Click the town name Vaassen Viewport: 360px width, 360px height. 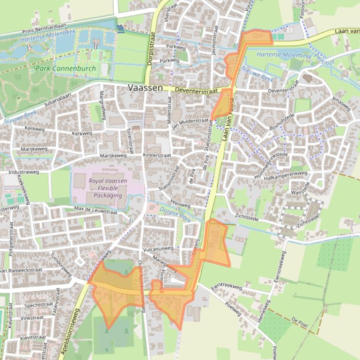coord(145,88)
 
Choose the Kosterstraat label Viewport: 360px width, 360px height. coord(157,155)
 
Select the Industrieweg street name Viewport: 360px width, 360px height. coord(24,172)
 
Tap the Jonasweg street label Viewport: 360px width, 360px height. coord(341,104)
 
